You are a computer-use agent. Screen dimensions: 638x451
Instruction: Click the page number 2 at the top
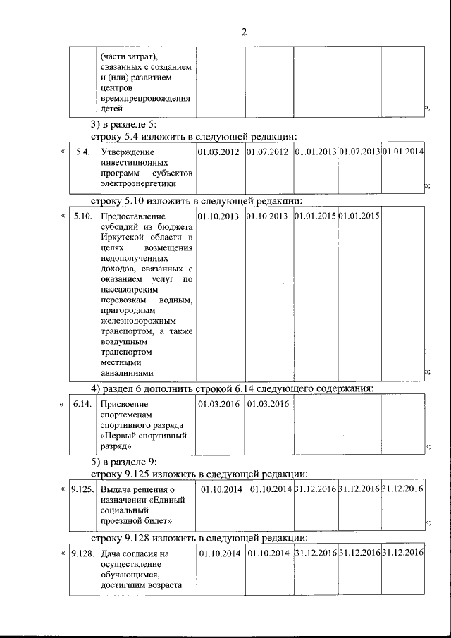(x=244, y=32)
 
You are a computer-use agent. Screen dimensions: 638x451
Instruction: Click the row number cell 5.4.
(x=82, y=152)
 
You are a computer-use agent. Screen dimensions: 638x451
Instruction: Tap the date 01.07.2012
(x=268, y=152)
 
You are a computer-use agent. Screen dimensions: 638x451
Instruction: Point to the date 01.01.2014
(x=402, y=152)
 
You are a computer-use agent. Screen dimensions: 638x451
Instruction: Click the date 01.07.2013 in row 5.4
(x=359, y=152)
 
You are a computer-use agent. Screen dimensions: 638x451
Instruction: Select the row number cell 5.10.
(x=82, y=216)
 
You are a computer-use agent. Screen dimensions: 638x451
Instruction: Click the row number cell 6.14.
(x=82, y=404)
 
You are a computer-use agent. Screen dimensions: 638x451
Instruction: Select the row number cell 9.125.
(x=82, y=489)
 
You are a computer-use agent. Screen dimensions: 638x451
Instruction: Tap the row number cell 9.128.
(x=82, y=553)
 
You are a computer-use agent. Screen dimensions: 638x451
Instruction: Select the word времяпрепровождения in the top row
(x=146, y=99)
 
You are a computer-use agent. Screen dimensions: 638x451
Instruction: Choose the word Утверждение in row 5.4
(x=128, y=152)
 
